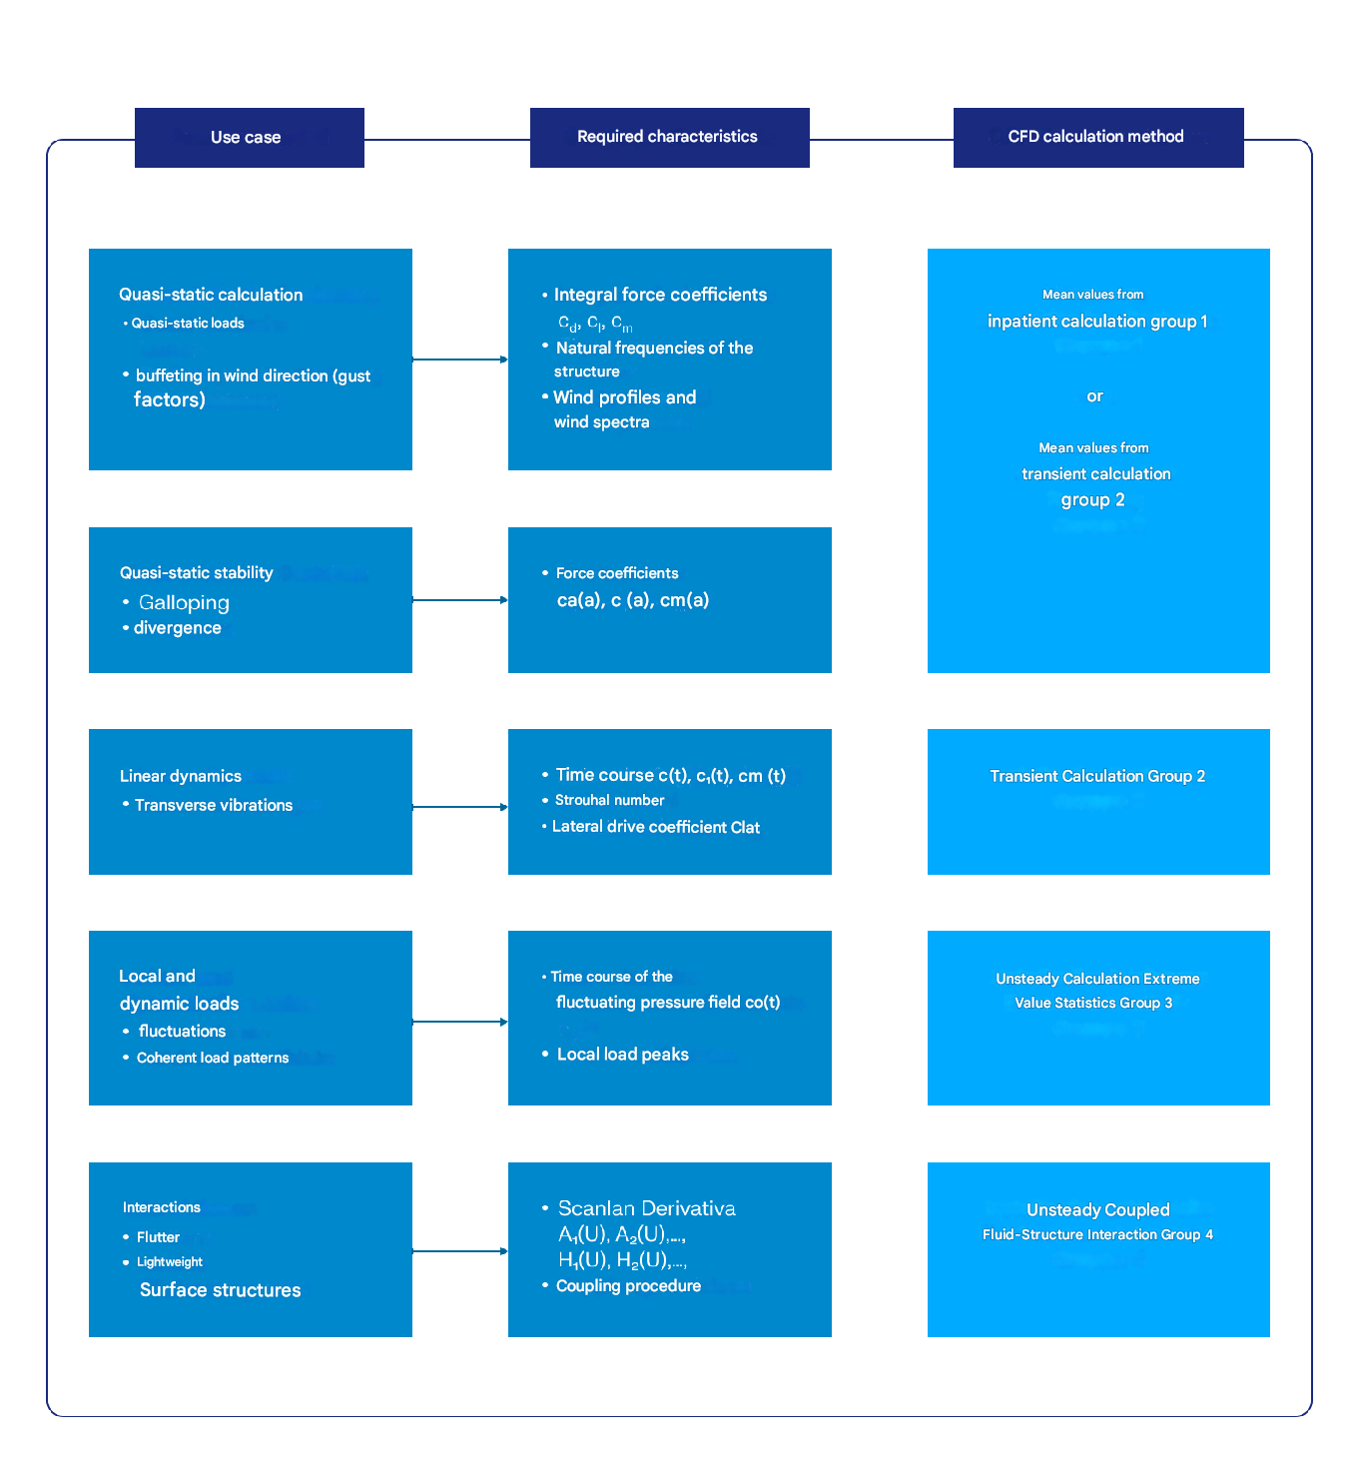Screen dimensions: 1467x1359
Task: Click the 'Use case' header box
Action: [249, 138]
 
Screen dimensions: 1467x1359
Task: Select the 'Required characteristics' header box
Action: [669, 138]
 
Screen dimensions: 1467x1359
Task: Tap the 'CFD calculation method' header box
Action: [1097, 138]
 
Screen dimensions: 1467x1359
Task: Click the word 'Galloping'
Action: [184, 602]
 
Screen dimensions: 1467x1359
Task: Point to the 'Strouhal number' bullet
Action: [609, 800]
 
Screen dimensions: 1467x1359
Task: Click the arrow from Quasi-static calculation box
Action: [459, 360]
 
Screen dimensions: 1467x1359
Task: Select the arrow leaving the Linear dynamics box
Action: [459, 807]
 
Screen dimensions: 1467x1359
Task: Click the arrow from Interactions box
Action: [459, 1251]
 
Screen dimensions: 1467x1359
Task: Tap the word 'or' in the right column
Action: [1094, 396]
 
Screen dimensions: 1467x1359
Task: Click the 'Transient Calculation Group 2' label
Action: [1097, 776]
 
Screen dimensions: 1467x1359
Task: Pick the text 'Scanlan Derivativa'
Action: [646, 1208]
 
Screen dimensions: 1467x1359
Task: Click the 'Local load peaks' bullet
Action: [622, 1055]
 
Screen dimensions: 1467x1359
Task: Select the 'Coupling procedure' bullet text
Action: [628, 1286]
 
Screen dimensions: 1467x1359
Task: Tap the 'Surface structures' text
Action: [220, 1290]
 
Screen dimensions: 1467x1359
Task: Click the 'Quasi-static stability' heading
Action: [196, 573]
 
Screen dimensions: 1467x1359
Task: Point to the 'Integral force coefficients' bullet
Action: [660, 295]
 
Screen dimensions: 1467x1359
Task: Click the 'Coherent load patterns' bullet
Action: [212, 1058]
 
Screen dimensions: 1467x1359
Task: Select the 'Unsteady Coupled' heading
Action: [1097, 1210]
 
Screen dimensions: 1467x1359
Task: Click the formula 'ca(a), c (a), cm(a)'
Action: [633, 600]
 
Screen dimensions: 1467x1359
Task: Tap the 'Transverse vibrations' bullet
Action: [214, 805]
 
